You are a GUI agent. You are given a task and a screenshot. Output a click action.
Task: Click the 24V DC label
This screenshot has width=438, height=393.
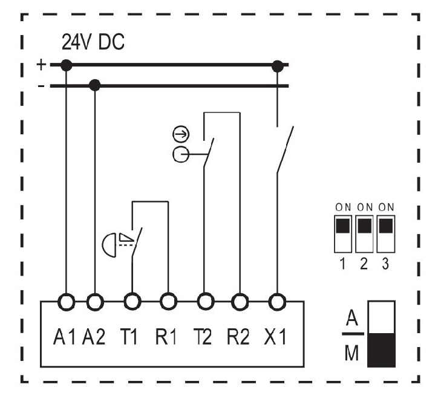pos(93,42)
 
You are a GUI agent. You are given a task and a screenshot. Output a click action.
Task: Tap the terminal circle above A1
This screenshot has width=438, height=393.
pos(66,302)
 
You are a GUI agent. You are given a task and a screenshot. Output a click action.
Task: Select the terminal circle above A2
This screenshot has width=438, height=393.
pos(95,302)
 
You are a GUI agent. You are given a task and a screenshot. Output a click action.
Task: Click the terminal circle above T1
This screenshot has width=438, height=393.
pos(132,302)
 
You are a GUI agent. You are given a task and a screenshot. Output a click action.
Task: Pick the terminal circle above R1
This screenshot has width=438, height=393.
pos(168,302)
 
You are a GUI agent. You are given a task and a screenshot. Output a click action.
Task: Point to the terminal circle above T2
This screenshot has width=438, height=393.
pos(206,302)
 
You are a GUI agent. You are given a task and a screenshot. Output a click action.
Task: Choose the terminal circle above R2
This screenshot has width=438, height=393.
pos(240,302)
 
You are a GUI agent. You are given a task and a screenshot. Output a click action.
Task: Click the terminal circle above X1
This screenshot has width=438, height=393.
pos(277,302)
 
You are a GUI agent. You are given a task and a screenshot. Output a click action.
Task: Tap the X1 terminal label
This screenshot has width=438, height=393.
pos(275,337)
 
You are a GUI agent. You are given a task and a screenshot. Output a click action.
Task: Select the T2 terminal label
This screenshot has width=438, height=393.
pos(203,337)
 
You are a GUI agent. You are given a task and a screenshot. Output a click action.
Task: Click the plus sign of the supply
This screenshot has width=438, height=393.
pos(41,65)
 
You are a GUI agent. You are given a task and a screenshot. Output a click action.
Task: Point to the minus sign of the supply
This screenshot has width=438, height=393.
pos(41,86)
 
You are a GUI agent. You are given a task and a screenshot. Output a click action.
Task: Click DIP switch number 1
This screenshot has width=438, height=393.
pos(343,234)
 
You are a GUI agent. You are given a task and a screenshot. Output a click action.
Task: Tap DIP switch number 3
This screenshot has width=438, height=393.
pos(386,234)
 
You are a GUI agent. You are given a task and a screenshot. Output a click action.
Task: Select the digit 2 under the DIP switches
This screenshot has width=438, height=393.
pos(364,264)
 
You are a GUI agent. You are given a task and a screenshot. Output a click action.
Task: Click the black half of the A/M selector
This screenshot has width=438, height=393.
pos(381,350)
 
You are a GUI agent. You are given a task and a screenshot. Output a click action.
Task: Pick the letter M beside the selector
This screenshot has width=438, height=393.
pos(351,353)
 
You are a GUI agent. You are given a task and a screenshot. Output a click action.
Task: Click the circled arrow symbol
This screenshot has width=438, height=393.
pos(181,134)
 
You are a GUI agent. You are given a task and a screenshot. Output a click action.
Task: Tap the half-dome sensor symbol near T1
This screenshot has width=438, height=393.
pos(109,245)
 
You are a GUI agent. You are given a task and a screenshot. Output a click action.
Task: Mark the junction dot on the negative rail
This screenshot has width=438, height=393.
pos(95,85)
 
